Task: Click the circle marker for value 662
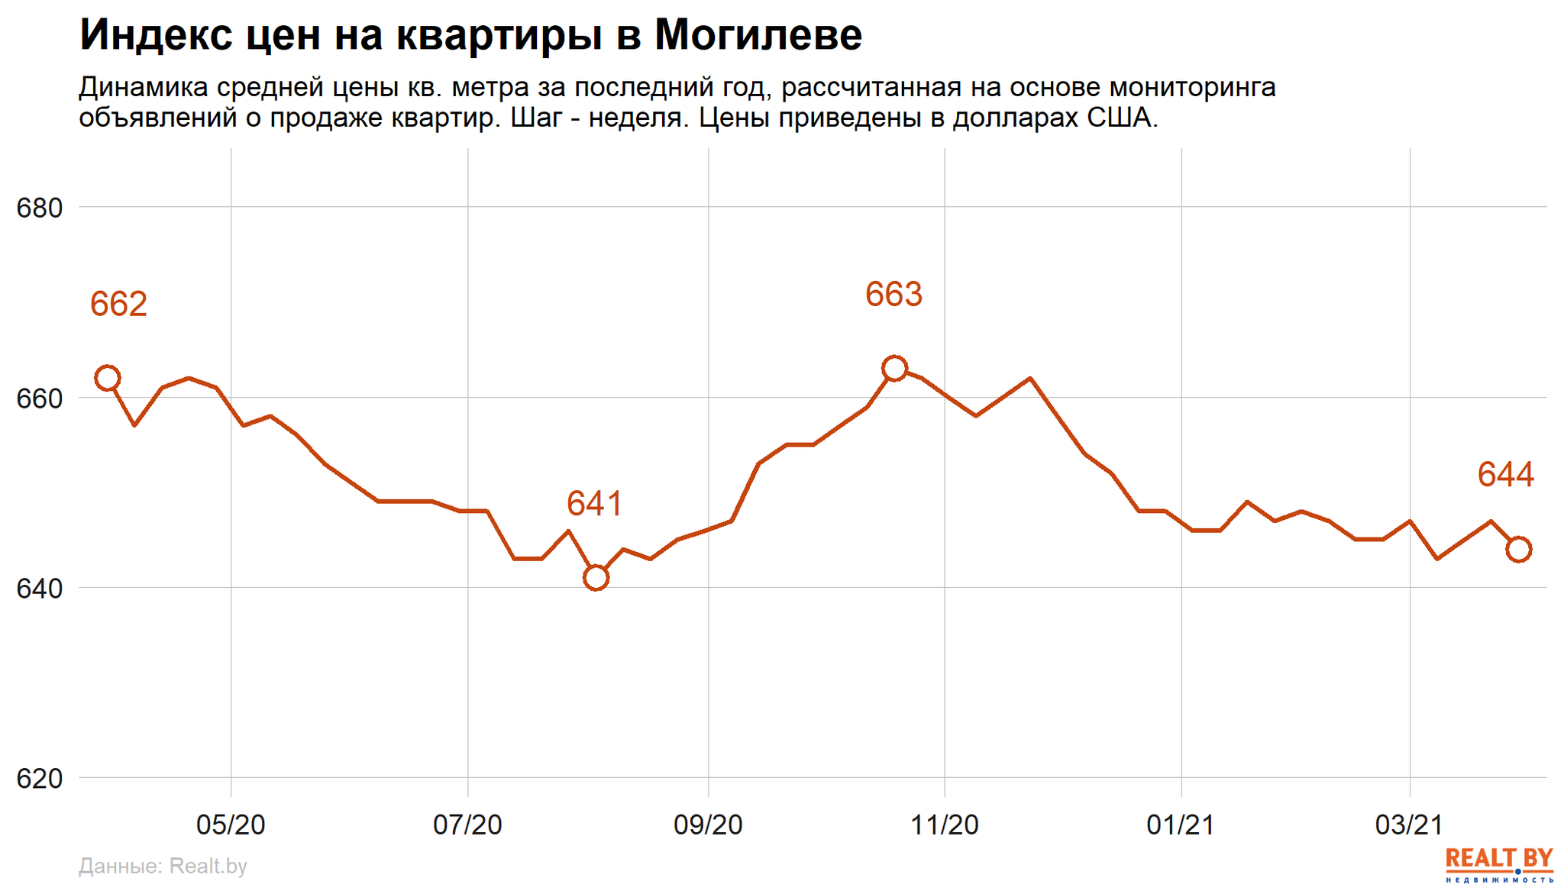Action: pos(108,378)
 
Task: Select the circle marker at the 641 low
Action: pos(596,578)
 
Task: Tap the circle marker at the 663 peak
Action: pos(894,369)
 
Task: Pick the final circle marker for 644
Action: pos(1519,549)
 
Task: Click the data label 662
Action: pos(118,305)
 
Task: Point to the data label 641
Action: pos(594,505)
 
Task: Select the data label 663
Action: pos(893,295)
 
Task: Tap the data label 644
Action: pos(1505,475)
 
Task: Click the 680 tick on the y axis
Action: pos(39,208)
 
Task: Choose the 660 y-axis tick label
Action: pos(39,399)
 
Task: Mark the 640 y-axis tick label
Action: pos(39,589)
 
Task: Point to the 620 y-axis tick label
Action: pos(39,779)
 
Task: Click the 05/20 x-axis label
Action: pos(231,825)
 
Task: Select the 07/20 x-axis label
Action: pos(467,825)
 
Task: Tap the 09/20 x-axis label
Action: pos(708,825)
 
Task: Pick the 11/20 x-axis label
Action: pos(945,825)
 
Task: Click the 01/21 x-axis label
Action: pos(1181,825)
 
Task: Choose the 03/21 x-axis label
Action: pos(1409,825)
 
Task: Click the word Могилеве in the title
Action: pos(758,35)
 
